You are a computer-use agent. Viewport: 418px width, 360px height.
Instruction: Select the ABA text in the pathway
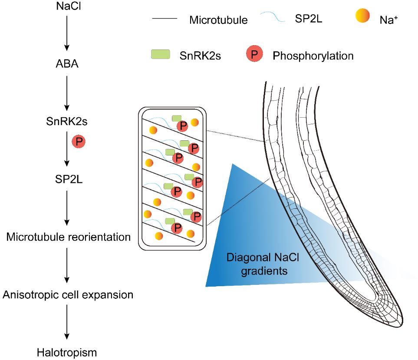(x=66, y=65)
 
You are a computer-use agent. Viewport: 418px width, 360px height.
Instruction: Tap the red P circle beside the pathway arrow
(x=79, y=142)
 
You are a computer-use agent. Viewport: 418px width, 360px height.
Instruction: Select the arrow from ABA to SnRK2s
(x=66, y=93)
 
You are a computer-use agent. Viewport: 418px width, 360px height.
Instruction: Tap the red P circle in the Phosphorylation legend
(x=255, y=55)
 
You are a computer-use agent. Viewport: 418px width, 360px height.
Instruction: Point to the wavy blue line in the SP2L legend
(x=272, y=17)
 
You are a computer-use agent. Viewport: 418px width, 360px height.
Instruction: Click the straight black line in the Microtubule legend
(x=165, y=19)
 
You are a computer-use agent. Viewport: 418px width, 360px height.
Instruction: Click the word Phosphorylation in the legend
(x=313, y=56)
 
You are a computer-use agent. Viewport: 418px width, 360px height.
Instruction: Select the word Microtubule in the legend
(x=218, y=20)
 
